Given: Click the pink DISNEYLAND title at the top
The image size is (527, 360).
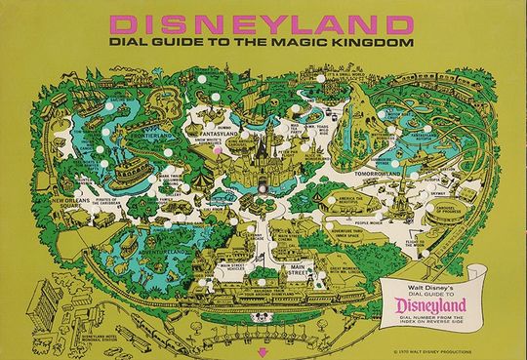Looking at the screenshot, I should [263, 20].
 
